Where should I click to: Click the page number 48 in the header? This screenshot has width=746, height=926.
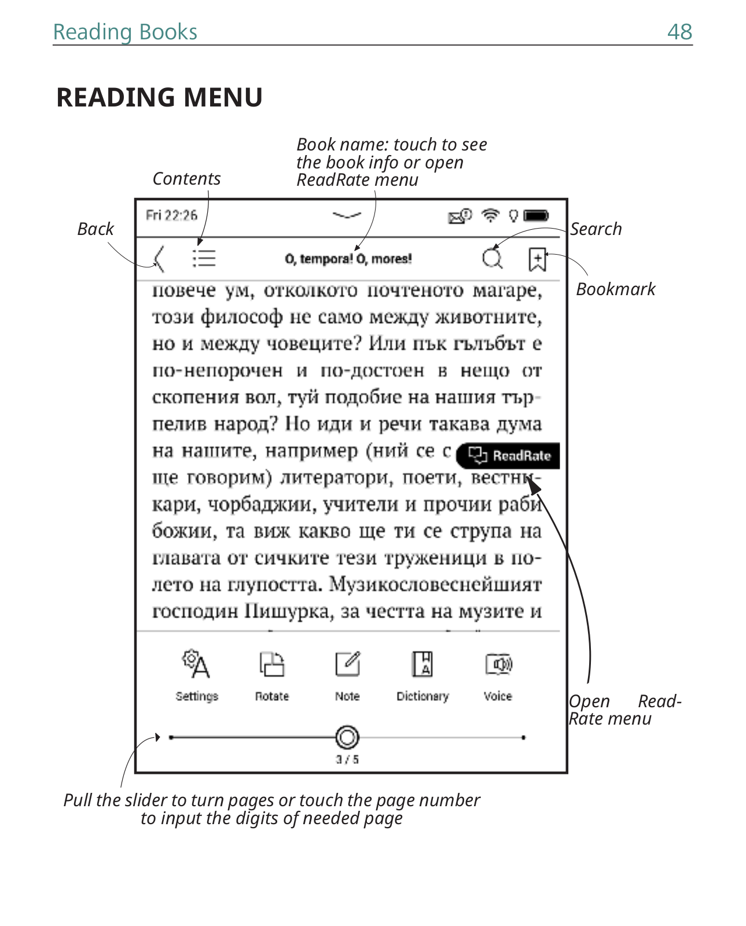point(679,32)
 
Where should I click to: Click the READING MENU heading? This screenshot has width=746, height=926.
point(159,97)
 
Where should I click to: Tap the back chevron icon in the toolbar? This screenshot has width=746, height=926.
point(159,259)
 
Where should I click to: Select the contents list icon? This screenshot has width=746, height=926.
point(204,258)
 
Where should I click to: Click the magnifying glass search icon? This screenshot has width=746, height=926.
point(492,258)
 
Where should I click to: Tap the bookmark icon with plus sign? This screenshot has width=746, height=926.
point(537,259)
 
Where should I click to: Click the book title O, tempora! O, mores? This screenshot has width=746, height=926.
point(348,259)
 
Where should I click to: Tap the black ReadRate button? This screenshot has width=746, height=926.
point(508,455)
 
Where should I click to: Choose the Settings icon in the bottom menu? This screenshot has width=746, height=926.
point(196,664)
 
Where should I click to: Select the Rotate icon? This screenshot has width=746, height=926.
point(271,664)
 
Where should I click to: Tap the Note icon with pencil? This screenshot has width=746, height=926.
point(347,664)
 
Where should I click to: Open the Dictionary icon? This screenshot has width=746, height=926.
point(422,664)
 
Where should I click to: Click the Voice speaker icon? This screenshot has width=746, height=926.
point(498,664)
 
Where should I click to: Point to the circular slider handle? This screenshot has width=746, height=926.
point(347,737)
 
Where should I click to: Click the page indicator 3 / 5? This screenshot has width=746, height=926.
point(347,759)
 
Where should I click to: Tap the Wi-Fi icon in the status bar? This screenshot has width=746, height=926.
point(490,216)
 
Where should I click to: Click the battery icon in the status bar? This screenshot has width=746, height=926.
point(536,216)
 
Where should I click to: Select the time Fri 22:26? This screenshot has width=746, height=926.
point(171,215)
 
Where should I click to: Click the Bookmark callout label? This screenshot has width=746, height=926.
point(615,289)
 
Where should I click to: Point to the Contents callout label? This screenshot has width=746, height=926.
point(186,179)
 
